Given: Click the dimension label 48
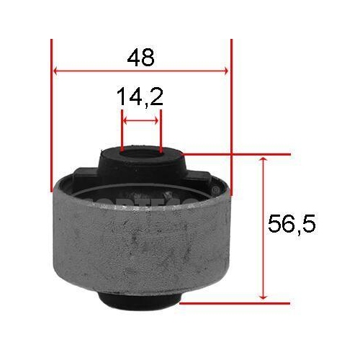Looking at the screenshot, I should [141, 58].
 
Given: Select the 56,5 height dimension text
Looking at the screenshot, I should [291, 224].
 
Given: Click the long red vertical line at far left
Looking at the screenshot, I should [53, 115].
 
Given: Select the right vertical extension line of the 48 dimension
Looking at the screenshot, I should [231, 115].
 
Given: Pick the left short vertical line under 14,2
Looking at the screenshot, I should [122, 130].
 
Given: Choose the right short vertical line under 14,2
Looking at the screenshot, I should [160, 130].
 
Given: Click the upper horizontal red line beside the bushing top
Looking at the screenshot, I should [238, 154].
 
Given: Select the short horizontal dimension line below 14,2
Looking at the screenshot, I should [141, 122].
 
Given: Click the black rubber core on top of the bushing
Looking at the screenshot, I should [141, 166].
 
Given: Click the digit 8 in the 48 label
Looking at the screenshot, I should [148, 58].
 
